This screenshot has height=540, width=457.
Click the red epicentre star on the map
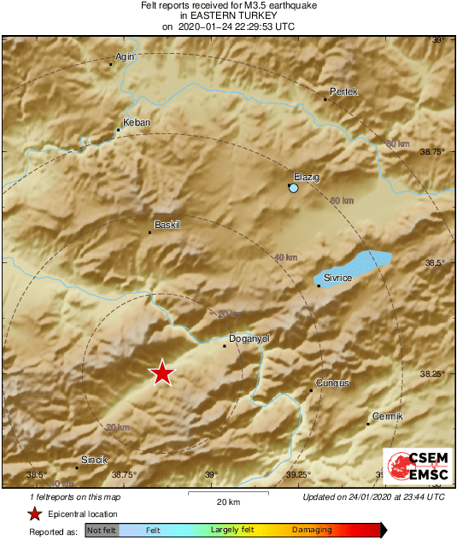point(161,373)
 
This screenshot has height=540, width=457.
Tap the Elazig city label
point(307,176)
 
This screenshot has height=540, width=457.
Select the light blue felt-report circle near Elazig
point(294,187)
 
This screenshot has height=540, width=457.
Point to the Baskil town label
point(167,225)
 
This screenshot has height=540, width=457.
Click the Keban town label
point(137,122)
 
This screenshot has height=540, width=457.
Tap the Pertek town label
point(344,91)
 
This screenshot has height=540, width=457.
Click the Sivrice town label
point(337,278)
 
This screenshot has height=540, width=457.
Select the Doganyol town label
point(249,338)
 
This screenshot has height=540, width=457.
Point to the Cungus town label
point(332,383)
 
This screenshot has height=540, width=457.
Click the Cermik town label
point(387,416)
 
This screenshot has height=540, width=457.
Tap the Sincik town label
point(94,460)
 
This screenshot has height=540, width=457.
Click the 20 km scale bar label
point(227,502)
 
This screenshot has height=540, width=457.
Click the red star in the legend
point(34,514)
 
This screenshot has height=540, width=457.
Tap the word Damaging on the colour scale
point(312,531)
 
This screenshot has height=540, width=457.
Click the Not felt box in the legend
point(102,531)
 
